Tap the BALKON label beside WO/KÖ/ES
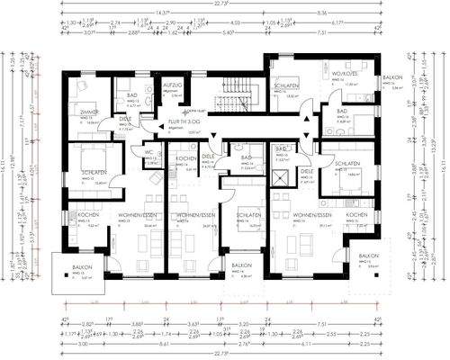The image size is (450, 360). [x=392, y=78]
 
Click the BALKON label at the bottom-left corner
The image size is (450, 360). [x=88, y=268]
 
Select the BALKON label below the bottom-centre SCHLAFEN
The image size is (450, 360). [x=240, y=267]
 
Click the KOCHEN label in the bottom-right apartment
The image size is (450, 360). [x=356, y=217]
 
